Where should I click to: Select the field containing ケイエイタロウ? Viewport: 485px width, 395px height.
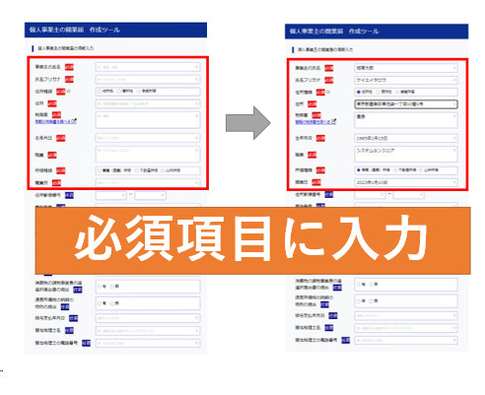click(x=405, y=81)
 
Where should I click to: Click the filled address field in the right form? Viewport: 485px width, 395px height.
click(x=405, y=103)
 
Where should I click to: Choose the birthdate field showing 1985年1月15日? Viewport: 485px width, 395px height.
click(x=405, y=137)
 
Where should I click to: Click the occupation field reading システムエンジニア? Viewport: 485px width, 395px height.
click(x=405, y=153)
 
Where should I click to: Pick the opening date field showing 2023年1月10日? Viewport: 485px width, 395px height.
click(x=405, y=181)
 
